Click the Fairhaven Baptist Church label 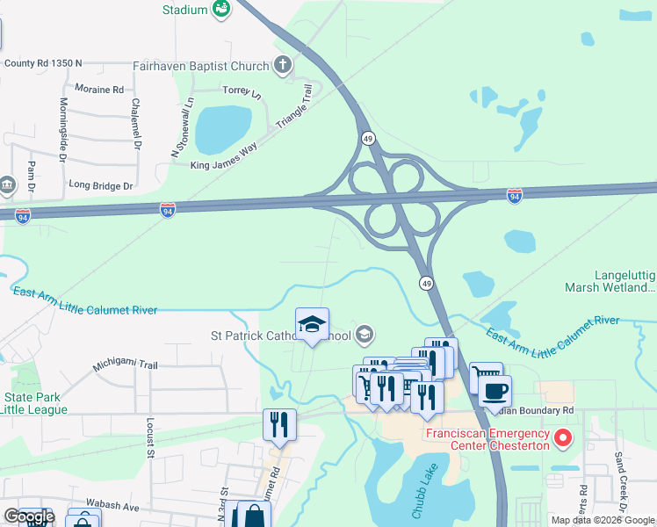pos(201,64)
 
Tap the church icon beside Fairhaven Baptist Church pos(282,64)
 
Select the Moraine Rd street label pos(99,90)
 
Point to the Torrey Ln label pos(242,91)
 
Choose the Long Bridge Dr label pos(100,186)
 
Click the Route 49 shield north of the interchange pos(368,139)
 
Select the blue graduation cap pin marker pos(312,325)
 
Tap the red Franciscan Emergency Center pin pos(563,436)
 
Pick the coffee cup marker pos(495,390)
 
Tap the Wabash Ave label pos(112,506)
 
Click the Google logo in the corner pos(29,516)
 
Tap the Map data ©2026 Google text pos(602,520)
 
